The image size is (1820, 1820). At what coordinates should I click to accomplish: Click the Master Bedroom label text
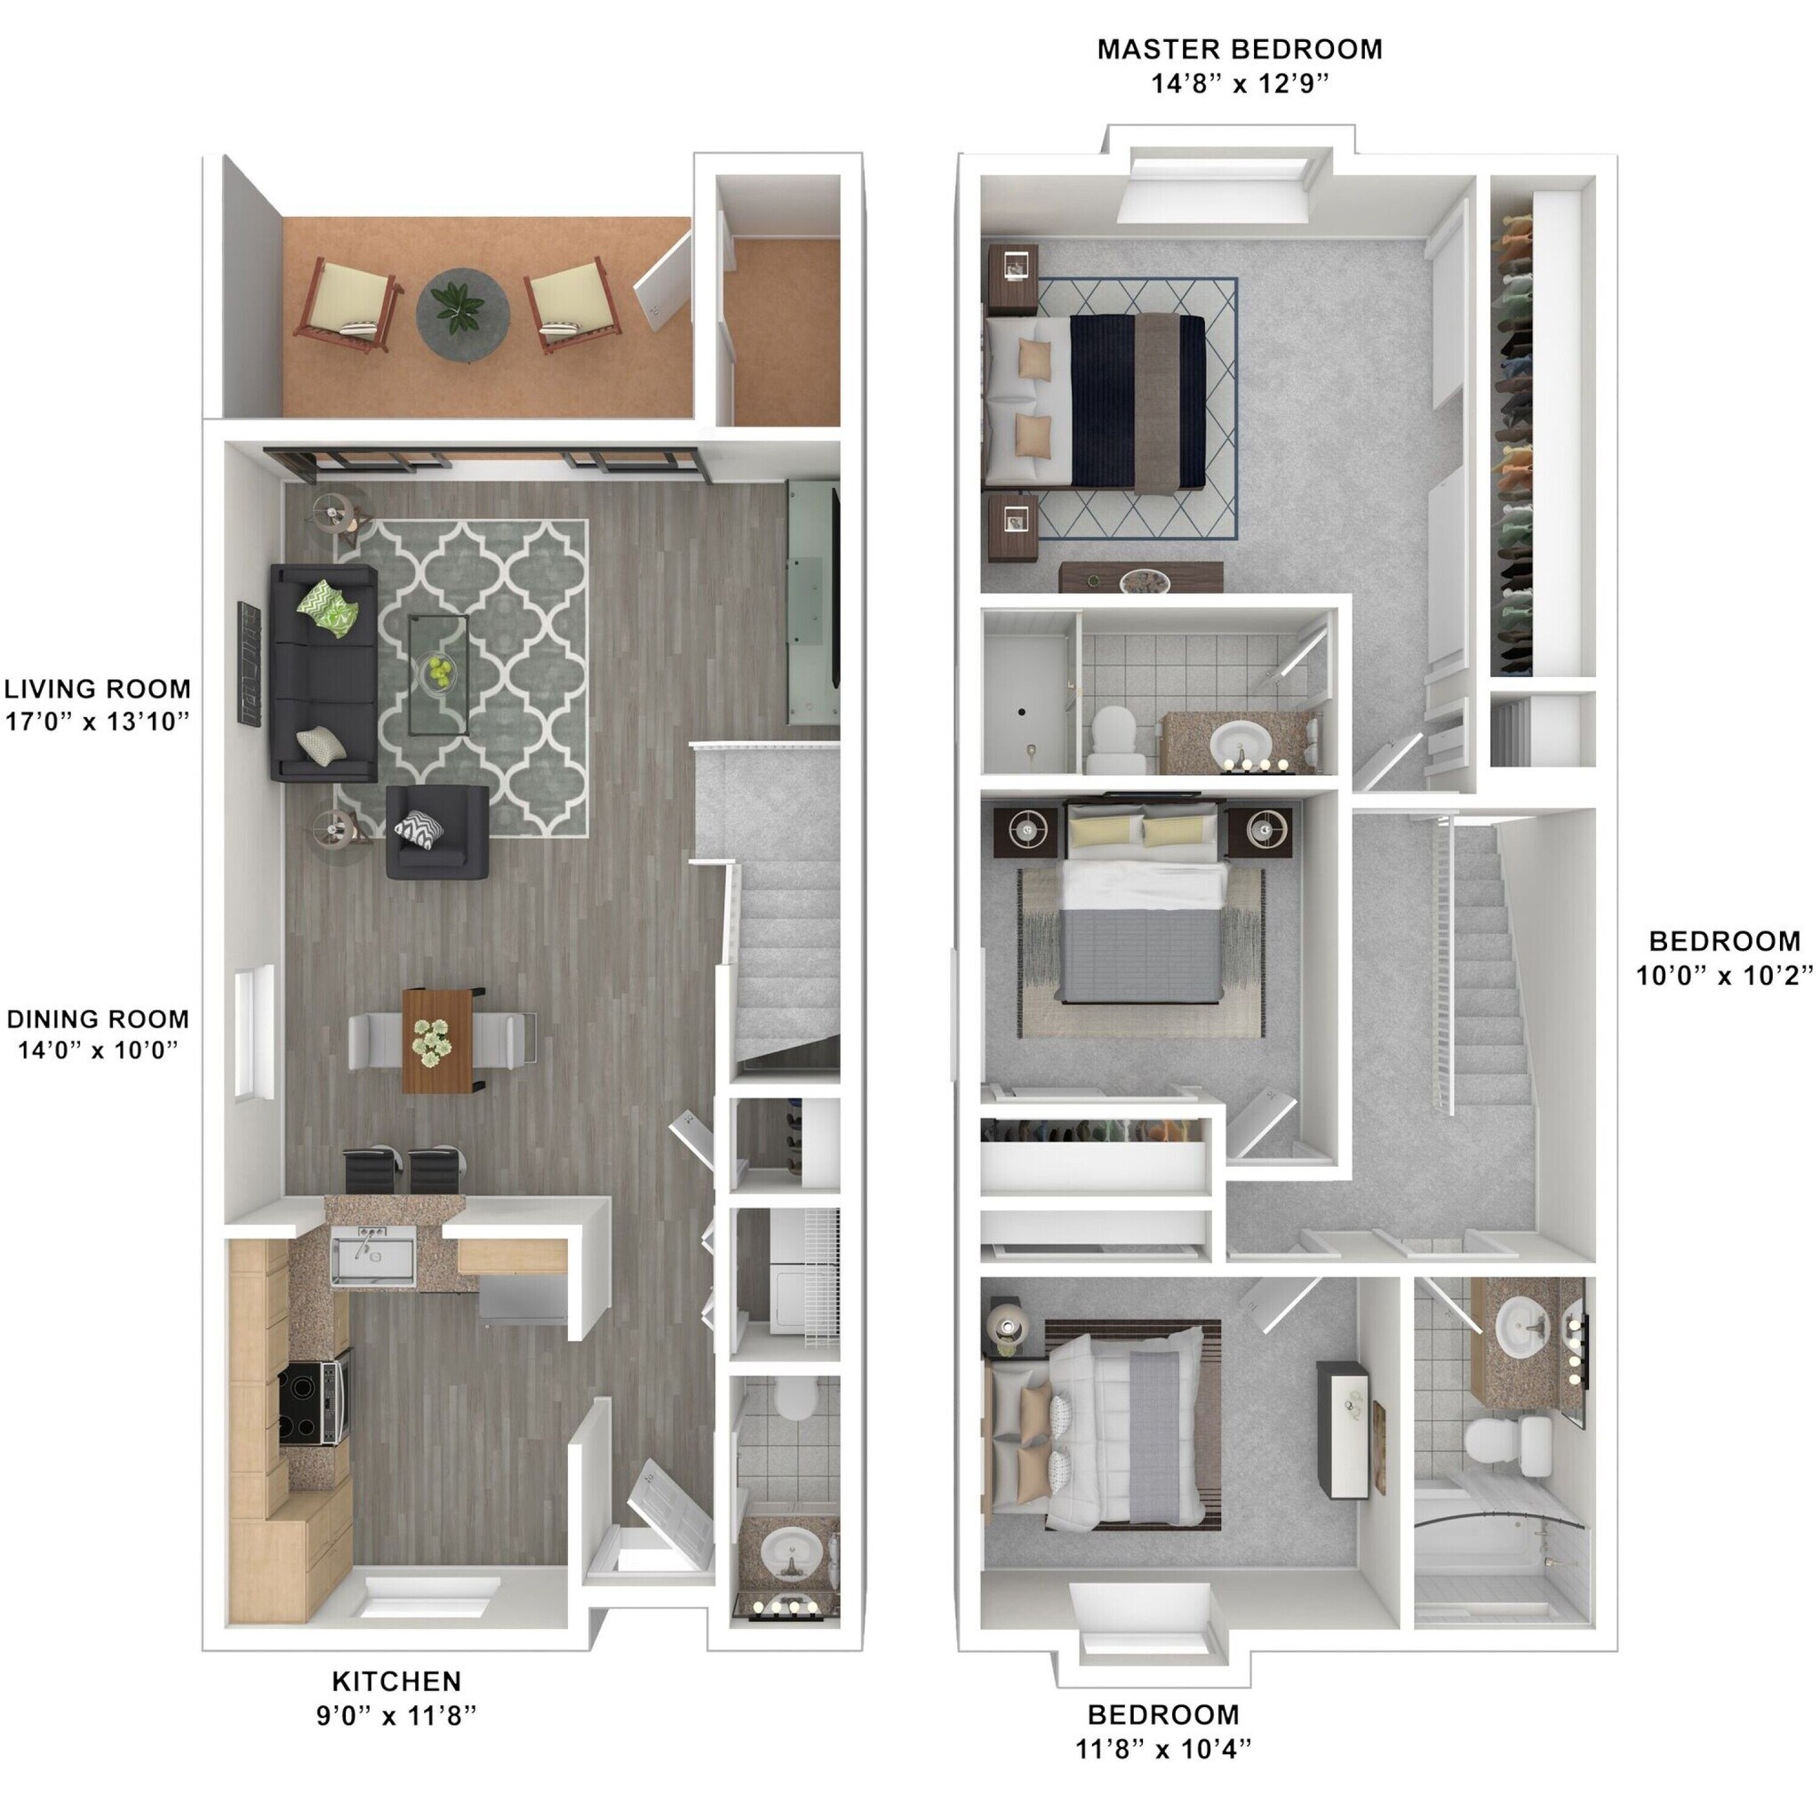tap(1239, 49)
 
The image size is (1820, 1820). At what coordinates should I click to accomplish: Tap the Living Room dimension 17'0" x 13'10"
tap(98, 722)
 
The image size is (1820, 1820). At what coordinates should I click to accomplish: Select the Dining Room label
tap(98, 1018)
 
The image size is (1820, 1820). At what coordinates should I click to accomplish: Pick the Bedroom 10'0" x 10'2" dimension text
tap(1724, 976)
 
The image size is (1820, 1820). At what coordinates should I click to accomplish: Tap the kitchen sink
tap(373, 1261)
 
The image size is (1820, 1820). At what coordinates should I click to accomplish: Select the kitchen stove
tap(315, 1402)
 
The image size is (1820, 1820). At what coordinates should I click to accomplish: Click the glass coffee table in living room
tap(438, 675)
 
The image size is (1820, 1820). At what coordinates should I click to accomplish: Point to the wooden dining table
tap(437, 1040)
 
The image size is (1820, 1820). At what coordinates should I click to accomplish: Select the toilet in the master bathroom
tap(1114, 739)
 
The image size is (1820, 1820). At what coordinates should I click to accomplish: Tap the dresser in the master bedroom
tap(1141, 578)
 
